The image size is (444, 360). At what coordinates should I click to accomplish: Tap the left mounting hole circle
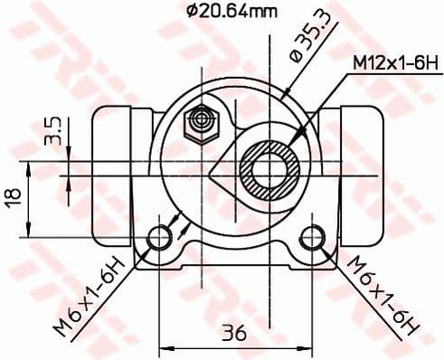pos(159,238)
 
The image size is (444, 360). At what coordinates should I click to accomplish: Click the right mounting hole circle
pos(313,238)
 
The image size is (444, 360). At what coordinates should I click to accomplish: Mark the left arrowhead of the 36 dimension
pos(164,346)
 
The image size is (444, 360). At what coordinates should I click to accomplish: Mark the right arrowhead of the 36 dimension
pos(308,346)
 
